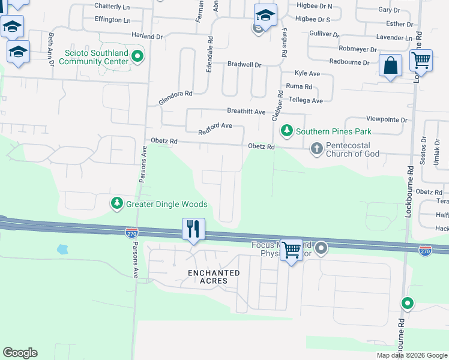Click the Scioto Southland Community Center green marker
point(137,57)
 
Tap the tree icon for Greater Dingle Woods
point(117,204)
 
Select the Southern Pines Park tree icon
point(288,131)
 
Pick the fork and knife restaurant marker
point(193,229)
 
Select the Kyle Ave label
point(307,73)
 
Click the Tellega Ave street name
point(306,100)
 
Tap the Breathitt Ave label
point(246,112)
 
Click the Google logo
point(20,353)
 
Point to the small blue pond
point(62,248)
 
